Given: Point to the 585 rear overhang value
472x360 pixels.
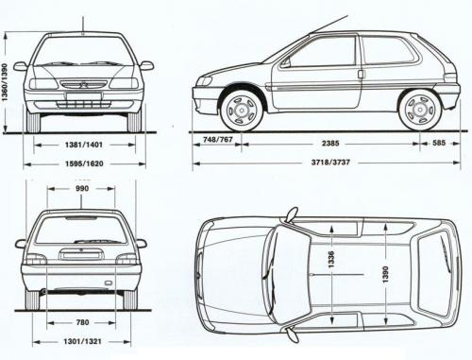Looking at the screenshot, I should coord(441,144).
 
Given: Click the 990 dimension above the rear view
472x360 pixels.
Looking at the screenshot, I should coord(84,190).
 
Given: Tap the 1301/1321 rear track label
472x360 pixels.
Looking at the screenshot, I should coord(84,343).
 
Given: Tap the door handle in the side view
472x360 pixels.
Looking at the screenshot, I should coord(361,74).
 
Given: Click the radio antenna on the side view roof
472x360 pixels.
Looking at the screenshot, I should coord(326,24).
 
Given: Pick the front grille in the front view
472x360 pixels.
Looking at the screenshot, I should coord(84,84).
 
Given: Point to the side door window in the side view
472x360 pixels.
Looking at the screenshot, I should coord(322,53).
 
